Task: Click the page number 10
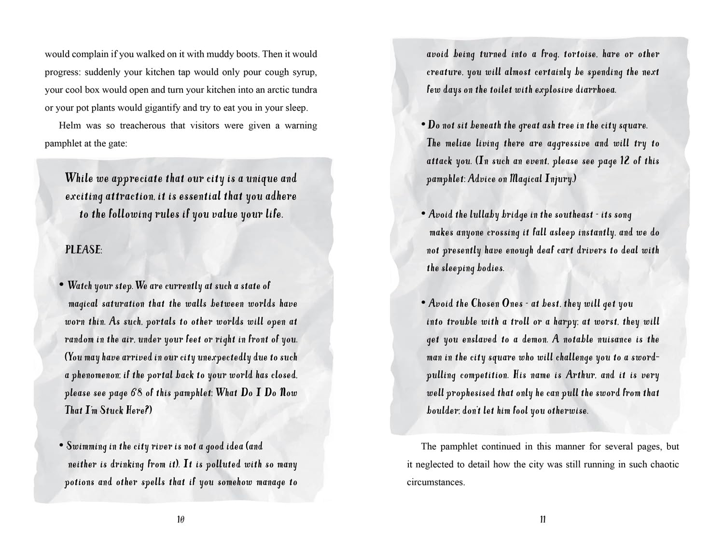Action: tap(181, 520)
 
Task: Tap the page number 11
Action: tap(543, 520)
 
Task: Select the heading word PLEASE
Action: tap(83, 250)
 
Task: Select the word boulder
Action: tap(442, 411)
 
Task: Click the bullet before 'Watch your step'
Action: tap(61, 285)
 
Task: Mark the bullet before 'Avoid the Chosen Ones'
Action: tap(423, 303)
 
